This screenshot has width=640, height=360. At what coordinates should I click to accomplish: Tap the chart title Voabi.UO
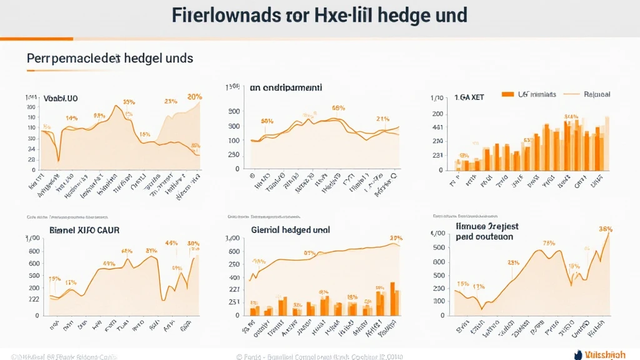pos(61,98)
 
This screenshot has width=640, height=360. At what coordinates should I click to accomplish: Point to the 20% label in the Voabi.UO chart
pos(194,97)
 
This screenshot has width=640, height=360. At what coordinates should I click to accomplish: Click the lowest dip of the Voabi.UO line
pos(58,161)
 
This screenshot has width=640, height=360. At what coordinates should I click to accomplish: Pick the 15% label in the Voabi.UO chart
pos(144,134)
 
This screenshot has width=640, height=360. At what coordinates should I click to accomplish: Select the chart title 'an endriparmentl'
pos(286,88)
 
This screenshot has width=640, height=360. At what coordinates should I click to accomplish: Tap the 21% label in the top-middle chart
pos(383,118)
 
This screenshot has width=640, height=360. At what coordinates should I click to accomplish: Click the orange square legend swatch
pos(507,94)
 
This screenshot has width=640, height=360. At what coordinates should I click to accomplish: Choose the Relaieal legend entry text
pos(597,94)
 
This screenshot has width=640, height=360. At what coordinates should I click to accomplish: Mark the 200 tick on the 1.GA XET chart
pos(437,114)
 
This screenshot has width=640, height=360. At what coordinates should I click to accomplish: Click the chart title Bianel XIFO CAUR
pos(84,230)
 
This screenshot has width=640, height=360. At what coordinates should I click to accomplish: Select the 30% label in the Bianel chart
pos(193,244)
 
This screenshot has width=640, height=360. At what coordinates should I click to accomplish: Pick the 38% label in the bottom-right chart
pos(605,229)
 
